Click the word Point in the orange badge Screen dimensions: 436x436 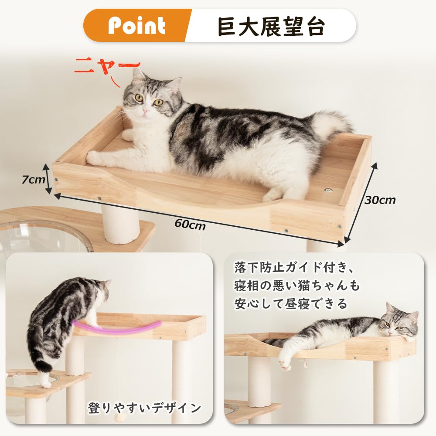136,26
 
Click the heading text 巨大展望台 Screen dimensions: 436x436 271,26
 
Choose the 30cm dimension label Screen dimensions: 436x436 381,200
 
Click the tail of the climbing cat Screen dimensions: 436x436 44,364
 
